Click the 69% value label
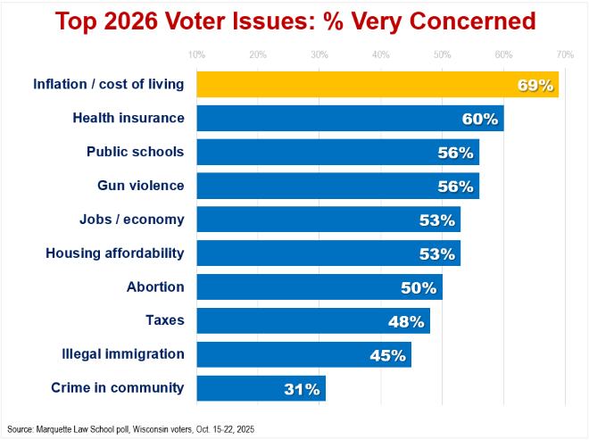[x=536, y=86]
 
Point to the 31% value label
[x=302, y=389]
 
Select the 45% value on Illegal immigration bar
[x=388, y=355]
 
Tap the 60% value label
[x=480, y=119]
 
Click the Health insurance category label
[x=129, y=118]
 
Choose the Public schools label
[x=135, y=152]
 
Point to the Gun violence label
[x=140, y=186]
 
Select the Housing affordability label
[x=115, y=253]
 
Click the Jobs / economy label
[x=132, y=220]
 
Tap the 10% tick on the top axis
[x=197, y=55]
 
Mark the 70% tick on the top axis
[x=565, y=55]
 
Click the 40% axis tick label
[x=381, y=55]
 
